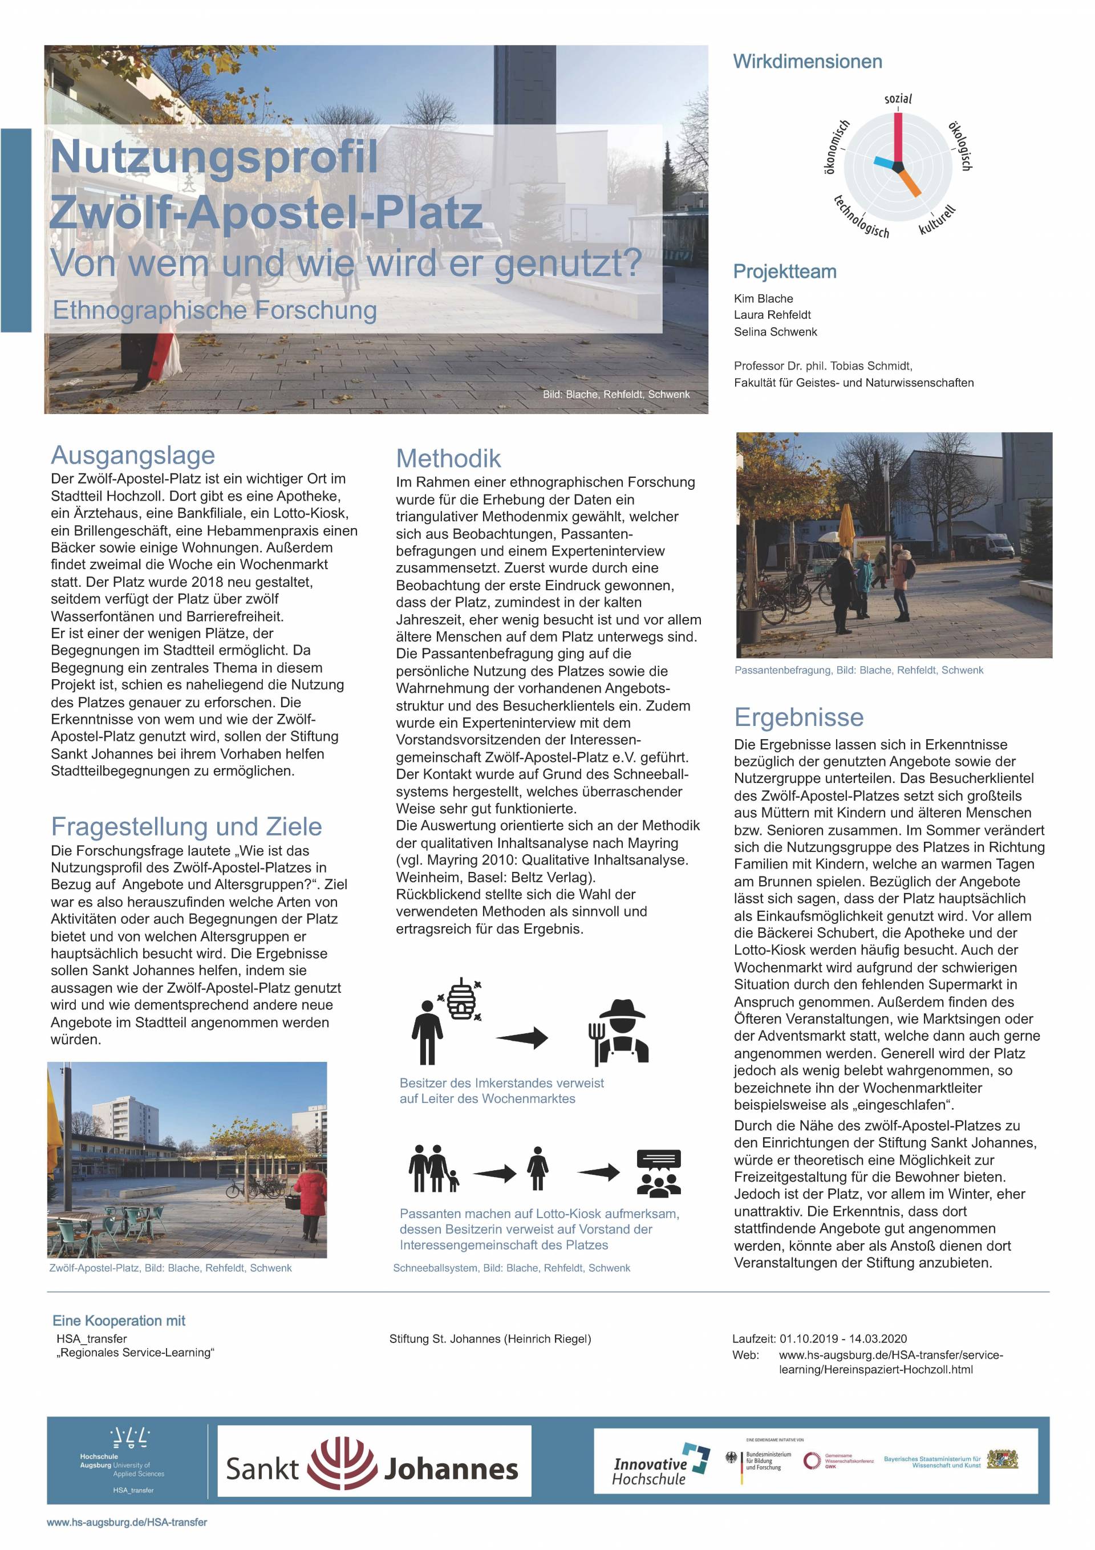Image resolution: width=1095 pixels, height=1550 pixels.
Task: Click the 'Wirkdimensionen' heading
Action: [807, 62]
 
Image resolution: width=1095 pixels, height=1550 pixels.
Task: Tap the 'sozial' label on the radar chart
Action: [898, 99]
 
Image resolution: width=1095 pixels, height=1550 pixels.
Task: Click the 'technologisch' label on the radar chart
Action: [861, 217]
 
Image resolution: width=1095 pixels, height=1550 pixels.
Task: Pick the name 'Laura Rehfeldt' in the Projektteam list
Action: [772, 315]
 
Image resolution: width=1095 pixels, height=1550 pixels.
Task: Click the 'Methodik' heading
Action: [448, 458]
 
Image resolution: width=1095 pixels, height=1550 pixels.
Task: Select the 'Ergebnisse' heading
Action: [798, 717]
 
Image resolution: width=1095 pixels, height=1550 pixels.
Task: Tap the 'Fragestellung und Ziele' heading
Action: [186, 826]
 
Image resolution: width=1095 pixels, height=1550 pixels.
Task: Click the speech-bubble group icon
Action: [658, 1172]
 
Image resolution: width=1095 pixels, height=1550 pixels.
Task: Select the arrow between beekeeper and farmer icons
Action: [522, 1037]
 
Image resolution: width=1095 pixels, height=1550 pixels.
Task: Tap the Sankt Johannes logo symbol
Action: [342, 1468]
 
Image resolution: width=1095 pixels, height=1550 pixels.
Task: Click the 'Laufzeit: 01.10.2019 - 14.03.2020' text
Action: [819, 1338]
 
